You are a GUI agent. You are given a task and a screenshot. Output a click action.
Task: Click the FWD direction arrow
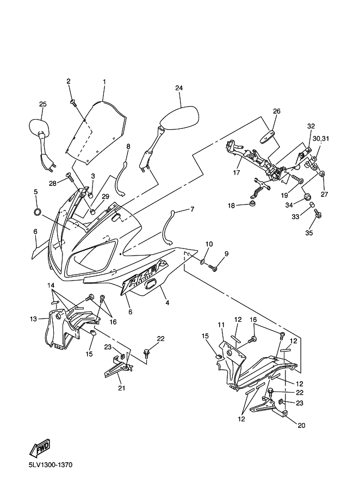click(x=40, y=447)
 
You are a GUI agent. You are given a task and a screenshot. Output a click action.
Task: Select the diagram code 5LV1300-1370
click(x=51, y=465)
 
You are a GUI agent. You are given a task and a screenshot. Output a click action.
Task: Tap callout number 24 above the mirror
click(x=179, y=88)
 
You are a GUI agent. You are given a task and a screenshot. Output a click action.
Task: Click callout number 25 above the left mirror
click(x=43, y=104)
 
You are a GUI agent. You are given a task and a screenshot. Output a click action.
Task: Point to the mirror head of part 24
click(x=179, y=117)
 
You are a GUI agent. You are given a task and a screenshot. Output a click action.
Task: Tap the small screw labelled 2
click(x=73, y=102)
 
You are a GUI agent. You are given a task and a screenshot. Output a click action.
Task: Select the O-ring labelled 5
click(x=37, y=212)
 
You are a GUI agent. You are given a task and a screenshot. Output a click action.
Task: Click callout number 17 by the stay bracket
click(x=237, y=173)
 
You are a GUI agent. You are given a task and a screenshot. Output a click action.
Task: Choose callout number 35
click(x=309, y=233)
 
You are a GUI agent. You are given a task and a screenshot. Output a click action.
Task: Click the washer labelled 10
click(x=202, y=261)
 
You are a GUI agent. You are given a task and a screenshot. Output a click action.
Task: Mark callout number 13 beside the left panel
click(x=34, y=319)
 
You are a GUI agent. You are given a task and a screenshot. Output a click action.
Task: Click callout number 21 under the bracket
click(x=122, y=388)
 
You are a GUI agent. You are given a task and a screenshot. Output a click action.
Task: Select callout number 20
click(x=301, y=425)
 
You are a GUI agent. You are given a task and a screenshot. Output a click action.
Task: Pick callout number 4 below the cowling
click(x=167, y=303)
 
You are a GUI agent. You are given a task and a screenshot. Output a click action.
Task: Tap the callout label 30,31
click(x=321, y=139)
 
